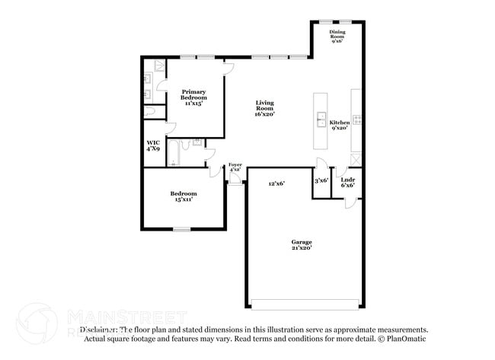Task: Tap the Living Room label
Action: click(264, 107)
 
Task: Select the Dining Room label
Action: click(338, 36)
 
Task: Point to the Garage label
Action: click(302, 245)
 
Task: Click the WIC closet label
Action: click(153, 145)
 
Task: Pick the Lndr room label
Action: click(348, 183)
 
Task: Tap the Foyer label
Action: click(235, 167)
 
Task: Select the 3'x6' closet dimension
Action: click(321, 180)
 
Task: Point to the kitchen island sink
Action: click(321, 119)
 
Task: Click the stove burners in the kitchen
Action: click(356, 119)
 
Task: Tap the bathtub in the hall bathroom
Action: click(173, 154)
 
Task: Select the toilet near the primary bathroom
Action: click(150, 112)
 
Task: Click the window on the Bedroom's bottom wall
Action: click(181, 229)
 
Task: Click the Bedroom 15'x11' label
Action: click(184, 196)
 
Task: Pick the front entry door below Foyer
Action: click(235, 181)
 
